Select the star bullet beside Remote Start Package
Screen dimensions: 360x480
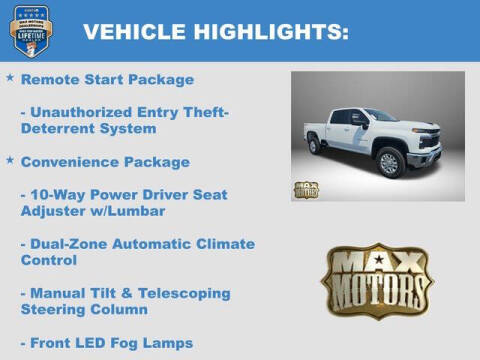coord(10,77)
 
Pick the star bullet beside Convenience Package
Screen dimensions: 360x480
coord(10,160)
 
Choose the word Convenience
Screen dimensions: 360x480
coord(70,161)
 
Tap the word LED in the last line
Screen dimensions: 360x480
coord(92,343)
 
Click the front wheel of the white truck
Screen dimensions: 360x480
coord(389,162)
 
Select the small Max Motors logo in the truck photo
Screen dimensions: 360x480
coord(306,189)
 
